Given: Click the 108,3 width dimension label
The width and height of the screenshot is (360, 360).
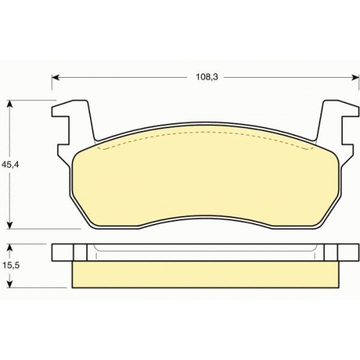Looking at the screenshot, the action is tap(207, 77).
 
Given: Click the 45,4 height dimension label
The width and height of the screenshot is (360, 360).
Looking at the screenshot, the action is tap(10, 164).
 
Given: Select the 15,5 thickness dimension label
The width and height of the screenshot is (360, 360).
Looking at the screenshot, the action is tap(10, 266).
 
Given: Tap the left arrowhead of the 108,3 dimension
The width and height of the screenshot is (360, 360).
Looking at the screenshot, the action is tap(55, 77).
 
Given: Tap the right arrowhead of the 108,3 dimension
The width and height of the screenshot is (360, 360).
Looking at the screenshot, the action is tap(356, 77).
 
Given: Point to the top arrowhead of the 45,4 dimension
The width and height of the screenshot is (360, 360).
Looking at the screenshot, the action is tap(9, 104).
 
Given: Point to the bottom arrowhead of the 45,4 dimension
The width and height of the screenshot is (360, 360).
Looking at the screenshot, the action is tap(9, 225).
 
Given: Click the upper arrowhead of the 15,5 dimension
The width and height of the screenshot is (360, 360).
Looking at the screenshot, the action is tap(9, 248).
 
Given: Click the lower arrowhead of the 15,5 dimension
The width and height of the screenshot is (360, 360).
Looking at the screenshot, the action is tap(9, 284).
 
